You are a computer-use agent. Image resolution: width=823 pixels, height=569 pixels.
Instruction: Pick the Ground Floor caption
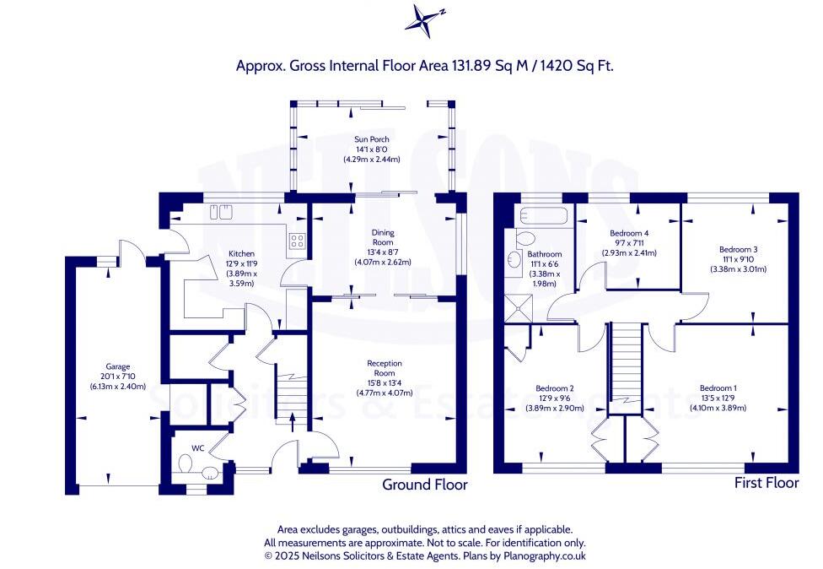coord(424,485)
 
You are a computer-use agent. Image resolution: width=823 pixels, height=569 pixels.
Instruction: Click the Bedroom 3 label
coord(738,249)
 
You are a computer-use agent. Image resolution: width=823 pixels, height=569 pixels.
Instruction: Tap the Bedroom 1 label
coord(717,388)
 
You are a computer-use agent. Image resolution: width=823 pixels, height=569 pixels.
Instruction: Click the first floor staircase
coord(625,363)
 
